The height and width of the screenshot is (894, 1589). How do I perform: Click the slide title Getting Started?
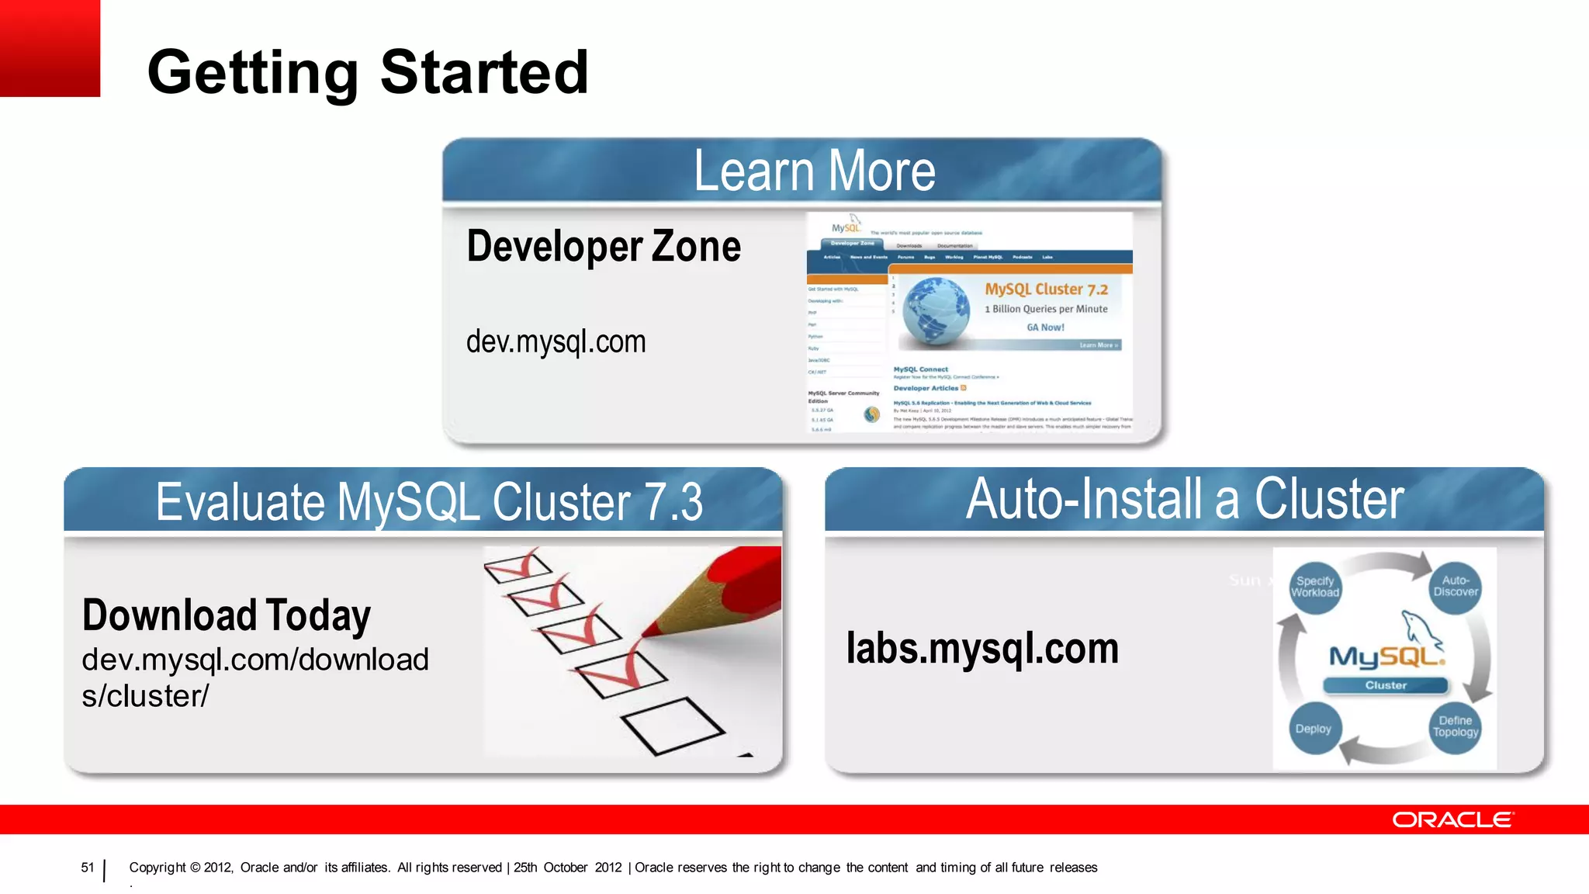368,72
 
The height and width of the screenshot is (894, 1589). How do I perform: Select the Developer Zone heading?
604,247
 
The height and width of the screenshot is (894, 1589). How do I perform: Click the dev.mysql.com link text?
556,341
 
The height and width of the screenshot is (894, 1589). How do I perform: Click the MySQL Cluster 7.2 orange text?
1046,289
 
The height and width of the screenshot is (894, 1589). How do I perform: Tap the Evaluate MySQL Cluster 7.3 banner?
428,502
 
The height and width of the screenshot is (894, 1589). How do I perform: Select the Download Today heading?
227,615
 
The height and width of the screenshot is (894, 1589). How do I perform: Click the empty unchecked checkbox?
672,725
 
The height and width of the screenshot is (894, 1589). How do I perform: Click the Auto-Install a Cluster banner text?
1184,499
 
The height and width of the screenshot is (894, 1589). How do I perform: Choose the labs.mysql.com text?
982,648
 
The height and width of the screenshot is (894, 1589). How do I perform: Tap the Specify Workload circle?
1315,587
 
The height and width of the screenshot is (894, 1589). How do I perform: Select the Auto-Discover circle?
1456,587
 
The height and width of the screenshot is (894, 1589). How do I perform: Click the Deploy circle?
1313,729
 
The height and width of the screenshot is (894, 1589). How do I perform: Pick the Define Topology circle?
1456,727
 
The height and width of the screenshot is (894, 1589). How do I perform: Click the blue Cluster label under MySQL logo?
1386,685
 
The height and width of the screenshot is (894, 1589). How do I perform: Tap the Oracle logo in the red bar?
1452,820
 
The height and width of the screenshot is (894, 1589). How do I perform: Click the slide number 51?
87,868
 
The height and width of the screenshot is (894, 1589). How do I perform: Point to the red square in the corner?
50,48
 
